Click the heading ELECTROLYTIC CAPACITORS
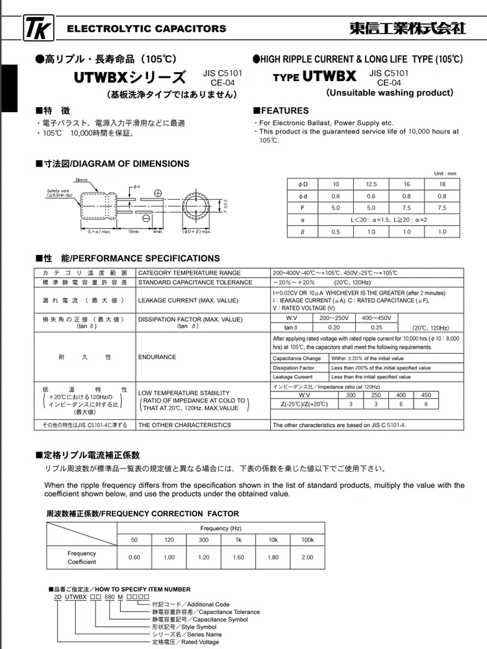(147, 29)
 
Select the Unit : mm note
(445, 173)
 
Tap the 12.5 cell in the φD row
(371, 184)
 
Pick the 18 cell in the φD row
(442, 184)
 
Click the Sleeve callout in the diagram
(81, 179)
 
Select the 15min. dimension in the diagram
(134, 231)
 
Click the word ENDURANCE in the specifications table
(157, 357)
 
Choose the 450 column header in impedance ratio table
(426, 395)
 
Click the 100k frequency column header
(307, 540)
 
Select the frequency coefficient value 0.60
(134, 557)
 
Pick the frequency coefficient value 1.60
(238, 557)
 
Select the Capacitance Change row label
(297, 358)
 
